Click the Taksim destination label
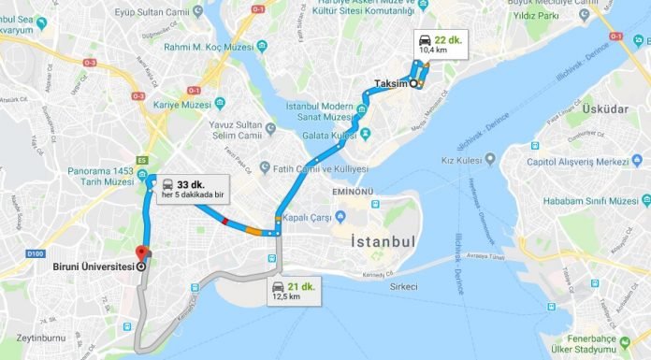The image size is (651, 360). (392, 82)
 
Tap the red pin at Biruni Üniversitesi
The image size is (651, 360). (141, 253)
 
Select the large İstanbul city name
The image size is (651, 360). (383, 240)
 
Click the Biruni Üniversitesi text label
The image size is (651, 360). (90, 265)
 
